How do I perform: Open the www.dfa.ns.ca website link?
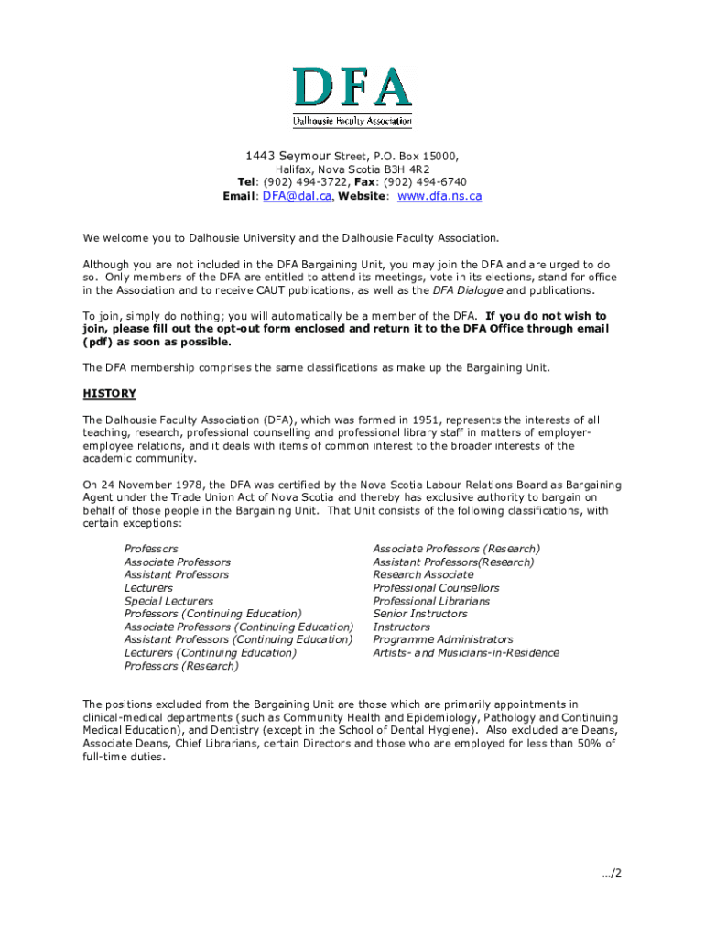click(x=439, y=196)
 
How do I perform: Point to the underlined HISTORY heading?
click(x=109, y=394)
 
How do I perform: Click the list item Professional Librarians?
click(x=431, y=601)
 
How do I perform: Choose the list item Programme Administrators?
click(x=443, y=639)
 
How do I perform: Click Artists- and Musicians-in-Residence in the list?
click(x=465, y=653)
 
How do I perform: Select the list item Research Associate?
click(x=423, y=574)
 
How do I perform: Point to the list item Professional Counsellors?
click(x=436, y=588)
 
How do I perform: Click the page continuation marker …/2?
click(x=612, y=874)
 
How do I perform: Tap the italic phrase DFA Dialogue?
click(x=467, y=290)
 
